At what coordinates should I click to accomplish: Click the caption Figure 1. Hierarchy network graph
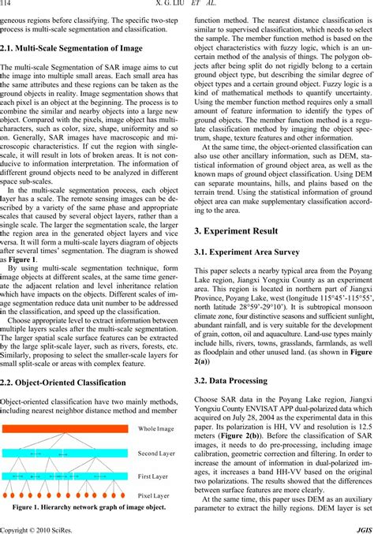(88, 507)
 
